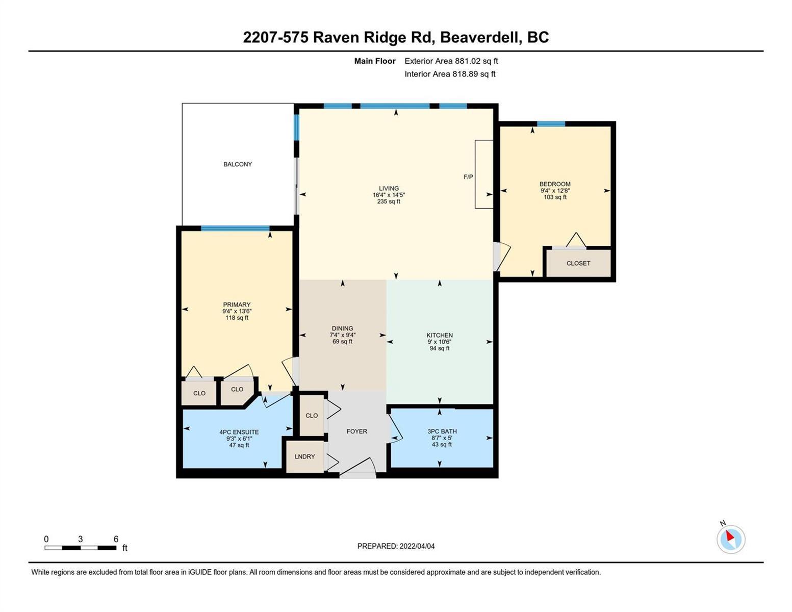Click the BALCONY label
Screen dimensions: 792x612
(x=237, y=164)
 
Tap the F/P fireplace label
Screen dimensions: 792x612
(x=468, y=177)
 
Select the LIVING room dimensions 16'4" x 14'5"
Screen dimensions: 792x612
(x=389, y=195)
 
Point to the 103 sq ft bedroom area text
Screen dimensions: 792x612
(x=555, y=197)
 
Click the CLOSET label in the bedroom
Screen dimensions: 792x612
(x=578, y=263)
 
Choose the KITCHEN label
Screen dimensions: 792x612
(x=440, y=335)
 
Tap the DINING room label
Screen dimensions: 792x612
(x=342, y=328)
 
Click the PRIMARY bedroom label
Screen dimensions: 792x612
(x=237, y=304)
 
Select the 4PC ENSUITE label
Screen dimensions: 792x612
(x=239, y=432)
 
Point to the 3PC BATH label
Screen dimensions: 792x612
(x=442, y=431)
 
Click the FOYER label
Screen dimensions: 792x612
(x=356, y=431)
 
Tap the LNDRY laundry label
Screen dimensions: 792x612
(x=304, y=456)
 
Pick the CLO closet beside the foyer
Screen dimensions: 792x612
(x=312, y=416)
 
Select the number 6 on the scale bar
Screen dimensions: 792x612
(x=116, y=539)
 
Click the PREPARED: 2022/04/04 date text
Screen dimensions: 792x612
(x=396, y=546)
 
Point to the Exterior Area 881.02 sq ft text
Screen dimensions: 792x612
(x=451, y=61)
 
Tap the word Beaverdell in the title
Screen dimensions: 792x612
(x=480, y=37)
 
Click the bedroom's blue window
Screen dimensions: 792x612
(x=551, y=124)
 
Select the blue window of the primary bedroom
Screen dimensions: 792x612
(x=235, y=228)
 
